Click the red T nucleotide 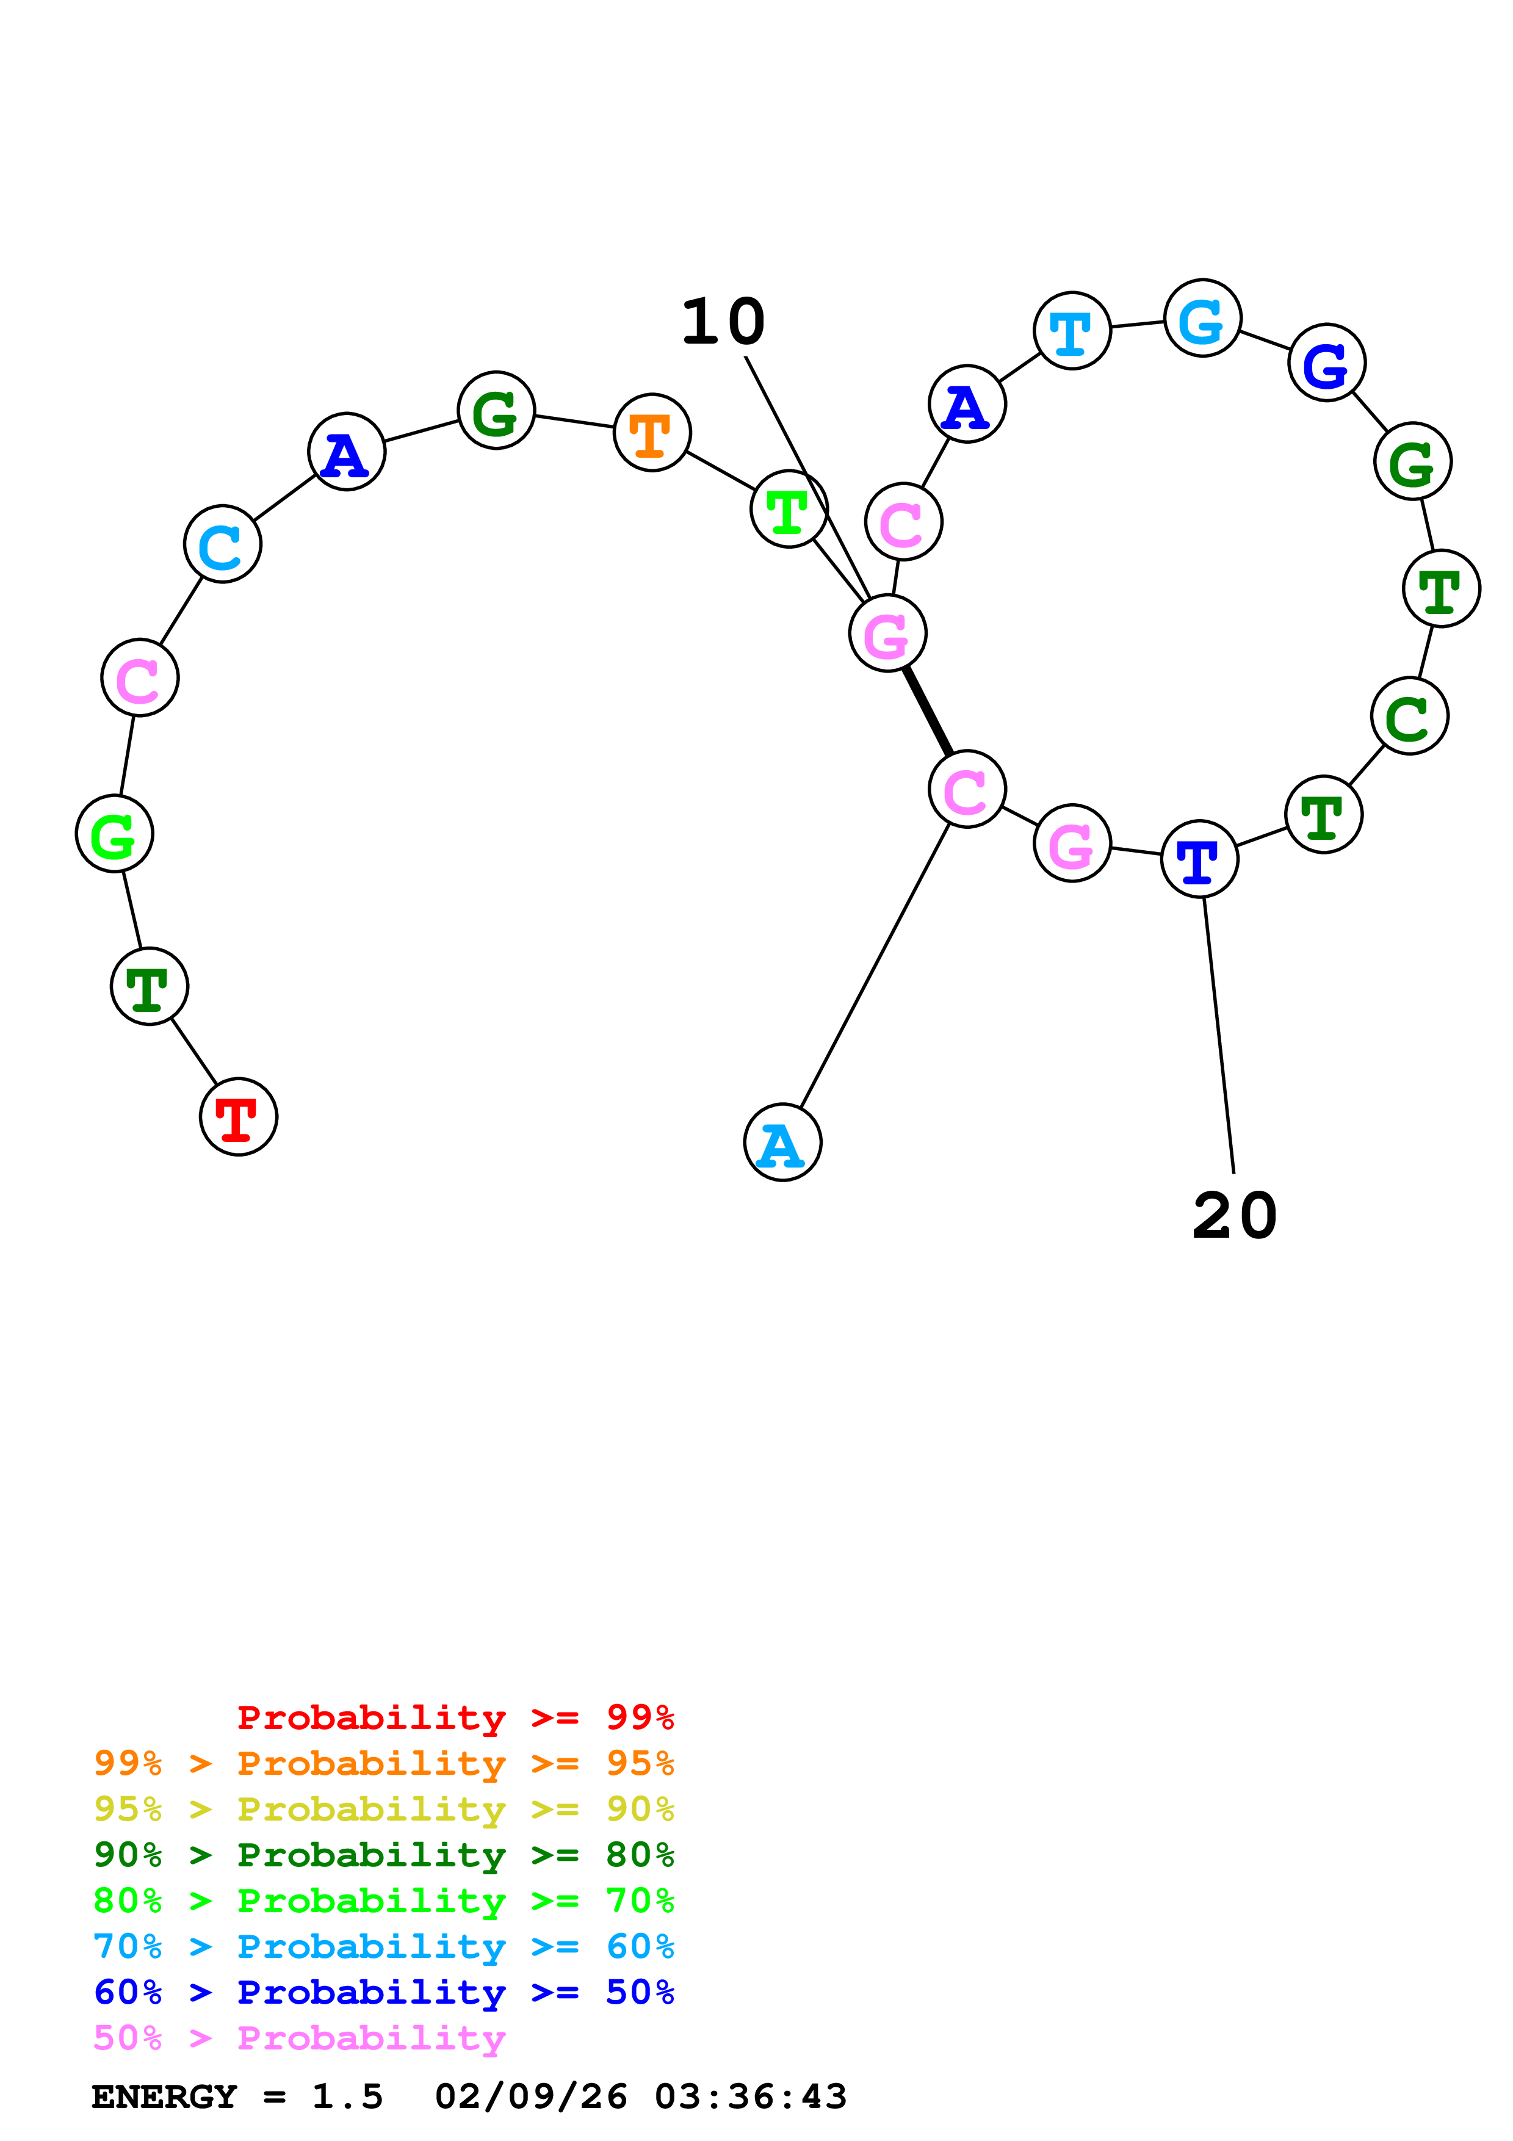pos(239,1116)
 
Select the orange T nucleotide pos(652,433)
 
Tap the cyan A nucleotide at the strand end pos(782,1143)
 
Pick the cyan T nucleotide pos(1072,330)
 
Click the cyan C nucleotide pos(222,544)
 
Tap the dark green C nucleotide pos(1409,716)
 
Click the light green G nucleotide pos(114,834)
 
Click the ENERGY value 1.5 pos(347,2097)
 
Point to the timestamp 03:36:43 pos(751,2097)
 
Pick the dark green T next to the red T pos(149,986)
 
